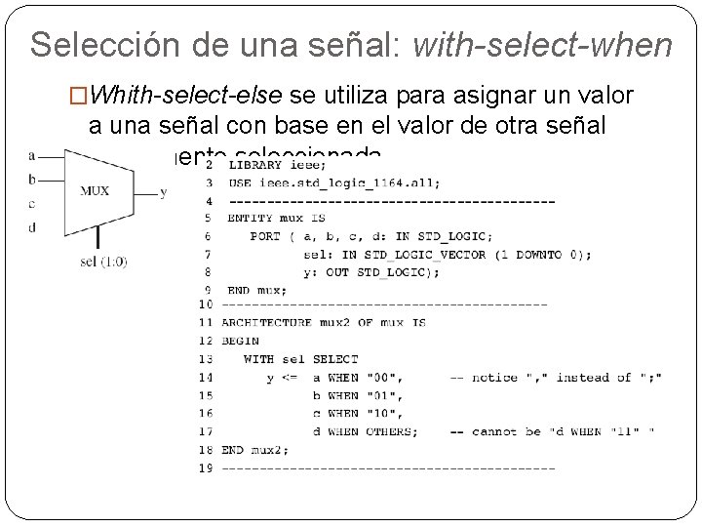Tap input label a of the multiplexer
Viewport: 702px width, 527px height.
[32, 155]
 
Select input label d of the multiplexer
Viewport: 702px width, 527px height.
[32, 227]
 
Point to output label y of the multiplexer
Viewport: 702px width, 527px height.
[163, 192]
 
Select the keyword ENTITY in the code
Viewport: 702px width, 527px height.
[251, 219]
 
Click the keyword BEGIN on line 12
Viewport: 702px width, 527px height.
[239, 341]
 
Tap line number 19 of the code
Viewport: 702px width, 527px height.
[205, 467]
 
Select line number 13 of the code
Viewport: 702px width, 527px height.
[205, 359]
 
